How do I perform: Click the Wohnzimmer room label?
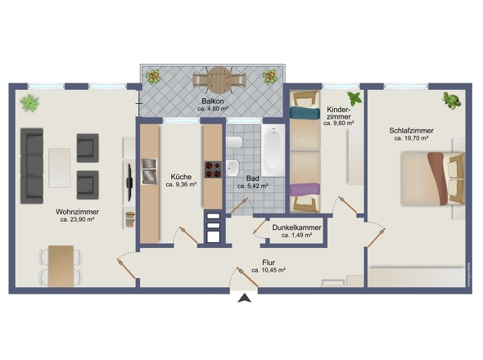tap(77, 212)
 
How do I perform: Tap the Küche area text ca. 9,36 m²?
tap(181, 185)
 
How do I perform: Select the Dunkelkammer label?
tap(296, 227)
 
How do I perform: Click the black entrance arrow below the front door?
tap(245, 299)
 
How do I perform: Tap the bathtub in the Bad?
tap(273, 151)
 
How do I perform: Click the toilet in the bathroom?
tap(234, 142)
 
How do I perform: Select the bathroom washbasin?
tap(232, 169)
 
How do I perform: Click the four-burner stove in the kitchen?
tap(213, 169)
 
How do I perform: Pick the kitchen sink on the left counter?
tap(149, 172)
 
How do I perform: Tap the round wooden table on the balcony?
tap(219, 80)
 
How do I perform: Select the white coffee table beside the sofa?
tap(60, 168)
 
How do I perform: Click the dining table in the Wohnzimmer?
tap(61, 266)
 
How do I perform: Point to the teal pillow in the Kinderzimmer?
tap(305, 113)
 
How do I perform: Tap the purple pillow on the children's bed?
tap(305, 189)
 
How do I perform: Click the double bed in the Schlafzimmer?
tap(432, 178)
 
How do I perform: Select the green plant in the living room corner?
tap(29, 103)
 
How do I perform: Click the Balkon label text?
tap(213, 101)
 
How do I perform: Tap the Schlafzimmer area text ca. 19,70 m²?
tap(411, 138)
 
